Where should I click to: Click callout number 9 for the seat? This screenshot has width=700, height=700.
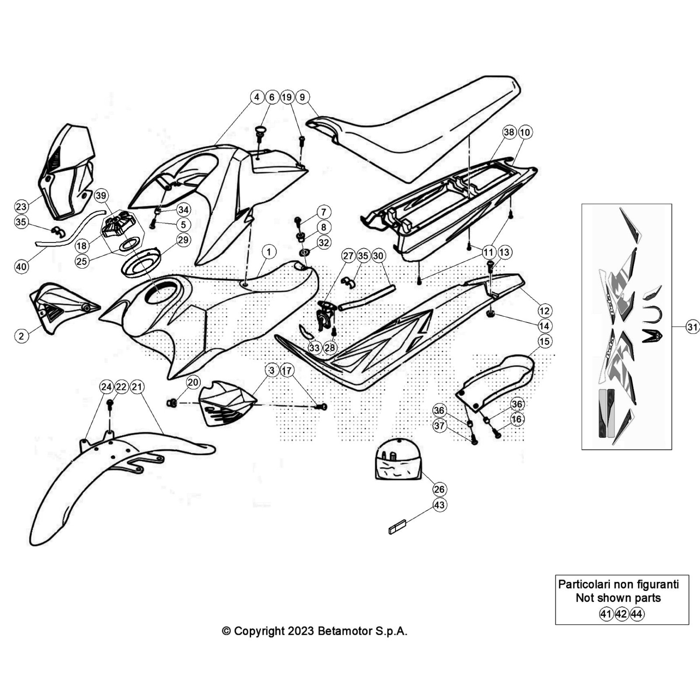[302, 97]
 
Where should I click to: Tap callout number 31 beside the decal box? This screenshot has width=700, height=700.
[693, 327]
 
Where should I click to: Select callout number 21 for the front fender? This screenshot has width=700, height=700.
[137, 387]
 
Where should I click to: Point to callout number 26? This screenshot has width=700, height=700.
[439, 489]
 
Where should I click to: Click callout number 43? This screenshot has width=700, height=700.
[439, 505]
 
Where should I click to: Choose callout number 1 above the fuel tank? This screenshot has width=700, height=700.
[269, 252]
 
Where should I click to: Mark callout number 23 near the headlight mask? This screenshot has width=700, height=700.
[21, 206]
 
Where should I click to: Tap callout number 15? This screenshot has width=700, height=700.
[544, 341]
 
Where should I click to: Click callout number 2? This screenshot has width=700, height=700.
[21, 336]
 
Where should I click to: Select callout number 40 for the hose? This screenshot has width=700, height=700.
[21, 266]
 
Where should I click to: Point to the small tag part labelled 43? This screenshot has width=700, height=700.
[397, 526]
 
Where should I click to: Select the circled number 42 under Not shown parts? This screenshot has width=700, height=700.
[621, 614]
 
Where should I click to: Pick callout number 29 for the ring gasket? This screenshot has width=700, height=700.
[183, 240]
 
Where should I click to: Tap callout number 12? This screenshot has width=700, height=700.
[544, 311]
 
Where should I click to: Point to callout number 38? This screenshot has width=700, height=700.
[509, 132]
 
